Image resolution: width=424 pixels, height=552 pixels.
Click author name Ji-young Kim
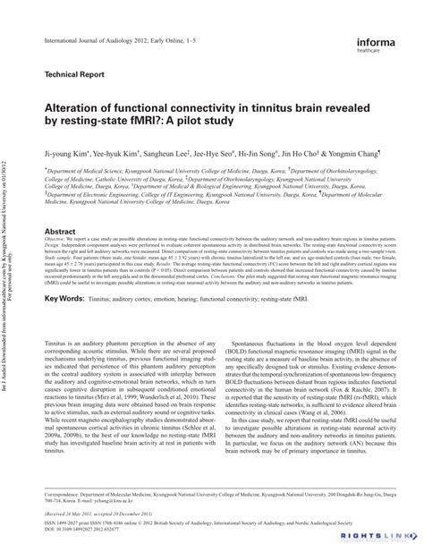pyautogui.click(x=65, y=154)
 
